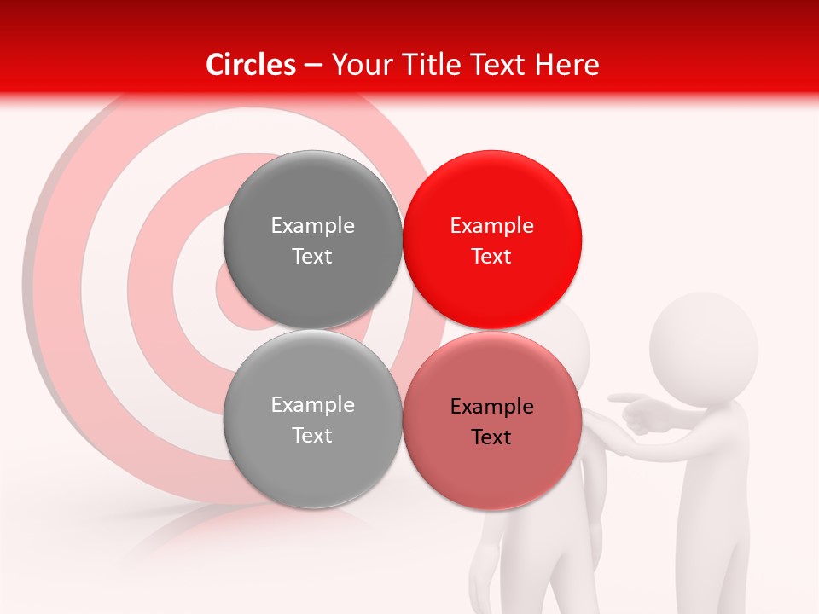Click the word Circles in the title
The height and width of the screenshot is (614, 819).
[x=251, y=65]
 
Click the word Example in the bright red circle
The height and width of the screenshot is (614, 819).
[x=491, y=226]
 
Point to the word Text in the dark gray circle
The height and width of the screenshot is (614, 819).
[x=312, y=257]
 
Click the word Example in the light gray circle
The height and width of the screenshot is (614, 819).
[x=312, y=405]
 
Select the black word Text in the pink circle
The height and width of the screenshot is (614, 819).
[x=491, y=437]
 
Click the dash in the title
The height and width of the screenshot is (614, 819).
[x=313, y=66]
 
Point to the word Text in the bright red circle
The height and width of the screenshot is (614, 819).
[x=491, y=257]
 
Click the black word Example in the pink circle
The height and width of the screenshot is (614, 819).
[x=491, y=407]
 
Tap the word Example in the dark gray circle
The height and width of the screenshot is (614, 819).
[x=312, y=226]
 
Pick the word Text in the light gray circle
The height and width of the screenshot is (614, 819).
[x=312, y=436]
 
